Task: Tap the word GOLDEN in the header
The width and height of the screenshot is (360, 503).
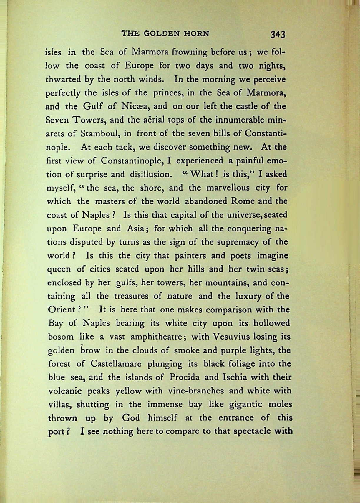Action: (161, 33)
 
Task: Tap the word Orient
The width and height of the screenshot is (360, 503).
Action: (62, 310)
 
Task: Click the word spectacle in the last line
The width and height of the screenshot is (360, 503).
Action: (252, 431)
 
